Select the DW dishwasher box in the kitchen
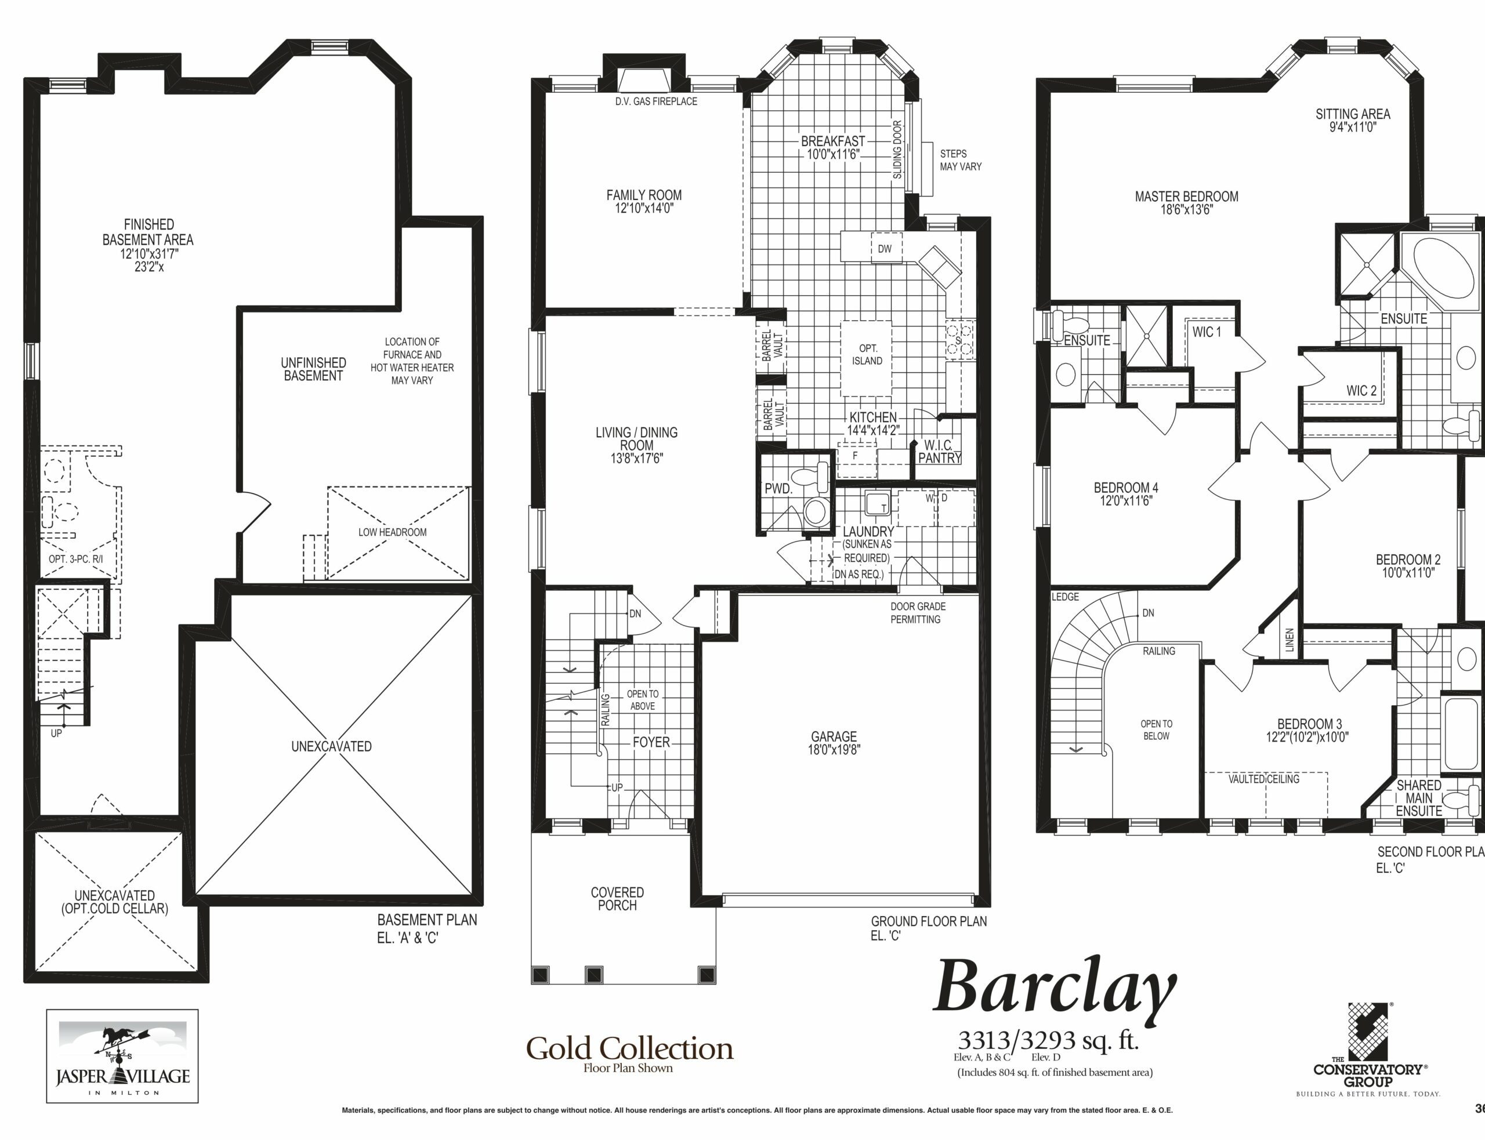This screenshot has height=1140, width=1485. (x=885, y=249)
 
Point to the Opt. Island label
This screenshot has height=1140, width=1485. (x=867, y=355)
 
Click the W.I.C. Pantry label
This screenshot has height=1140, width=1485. (x=939, y=451)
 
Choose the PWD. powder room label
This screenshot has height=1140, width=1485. (x=778, y=489)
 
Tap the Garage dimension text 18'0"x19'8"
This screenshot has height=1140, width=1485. (x=834, y=750)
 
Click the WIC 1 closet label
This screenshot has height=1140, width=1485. (x=1207, y=332)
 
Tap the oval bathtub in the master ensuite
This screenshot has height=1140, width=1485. (x=1444, y=267)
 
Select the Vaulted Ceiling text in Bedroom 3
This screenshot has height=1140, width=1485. (x=1264, y=779)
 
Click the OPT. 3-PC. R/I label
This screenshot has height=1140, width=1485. (x=76, y=560)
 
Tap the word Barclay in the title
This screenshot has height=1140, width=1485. (x=1055, y=989)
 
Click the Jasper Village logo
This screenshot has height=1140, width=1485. (x=122, y=1056)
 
